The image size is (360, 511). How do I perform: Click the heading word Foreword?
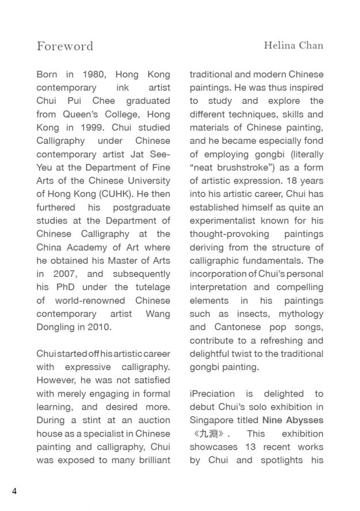coord(65,46)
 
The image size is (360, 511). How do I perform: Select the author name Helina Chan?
coord(294,46)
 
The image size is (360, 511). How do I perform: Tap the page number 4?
coord(14,491)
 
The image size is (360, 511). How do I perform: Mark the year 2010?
coord(99,327)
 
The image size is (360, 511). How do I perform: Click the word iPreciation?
coord(216,393)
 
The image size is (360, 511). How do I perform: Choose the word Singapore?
coord(212,420)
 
